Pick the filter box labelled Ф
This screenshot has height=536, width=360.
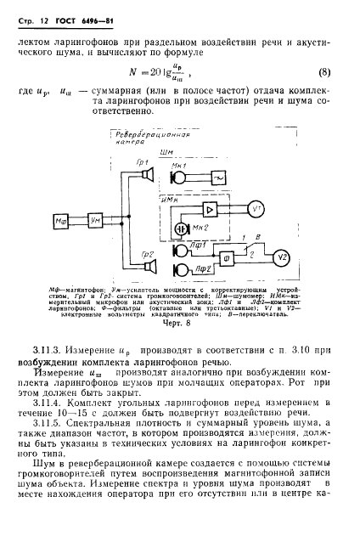click(x=227, y=258)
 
